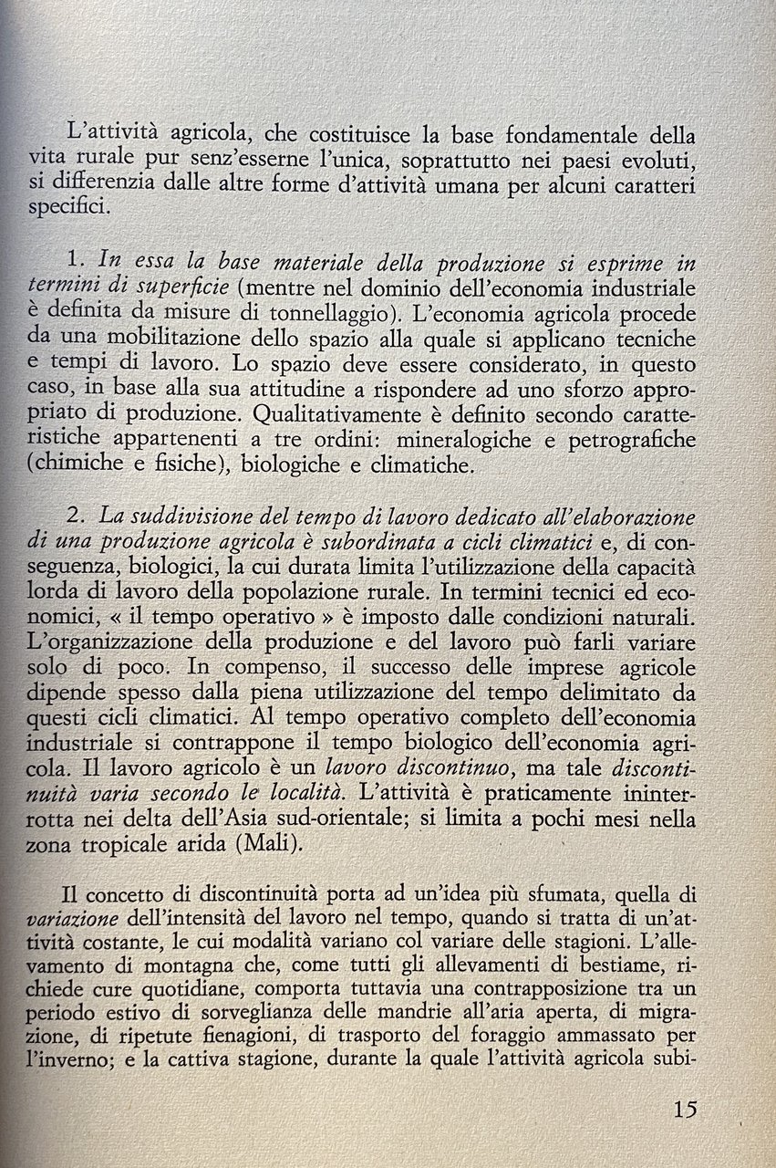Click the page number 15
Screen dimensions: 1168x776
685,1110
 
